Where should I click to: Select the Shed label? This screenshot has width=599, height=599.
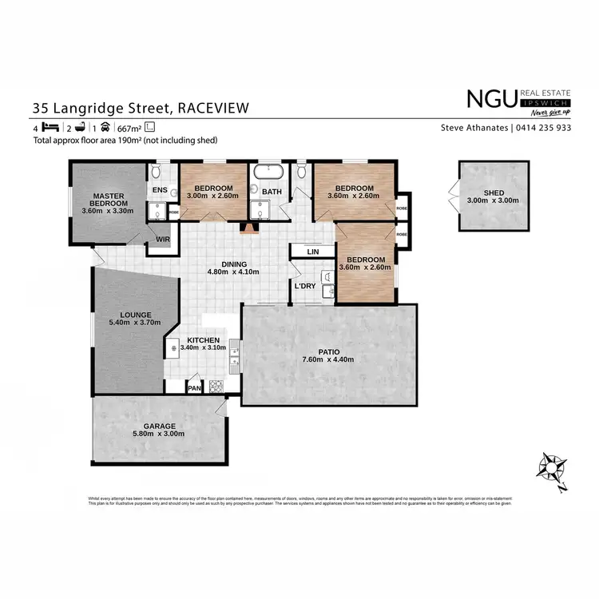(494, 192)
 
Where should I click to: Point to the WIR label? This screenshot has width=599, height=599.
(162, 239)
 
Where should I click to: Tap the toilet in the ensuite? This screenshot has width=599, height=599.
(157, 173)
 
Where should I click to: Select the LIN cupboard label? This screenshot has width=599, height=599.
(314, 252)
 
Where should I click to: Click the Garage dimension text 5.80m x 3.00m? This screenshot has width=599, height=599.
(160, 434)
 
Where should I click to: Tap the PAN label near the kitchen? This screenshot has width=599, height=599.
(194, 388)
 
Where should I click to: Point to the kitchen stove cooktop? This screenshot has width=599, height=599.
(216, 387)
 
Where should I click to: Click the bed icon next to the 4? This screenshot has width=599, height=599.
(50, 128)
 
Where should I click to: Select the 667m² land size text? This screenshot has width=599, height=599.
(129, 128)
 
